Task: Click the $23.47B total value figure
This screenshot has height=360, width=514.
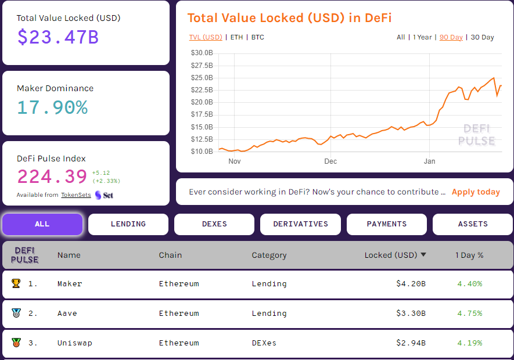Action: coord(57,37)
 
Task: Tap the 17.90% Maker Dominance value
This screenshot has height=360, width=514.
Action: coord(52,107)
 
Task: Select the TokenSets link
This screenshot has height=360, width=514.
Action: coord(76,195)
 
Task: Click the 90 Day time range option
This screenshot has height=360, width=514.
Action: coord(451,37)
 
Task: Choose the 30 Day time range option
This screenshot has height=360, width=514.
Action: coord(482,37)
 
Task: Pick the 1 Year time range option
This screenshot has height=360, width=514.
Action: coord(422,37)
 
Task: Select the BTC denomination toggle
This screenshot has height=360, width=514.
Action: coord(258,37)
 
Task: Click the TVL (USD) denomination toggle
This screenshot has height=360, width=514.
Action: coord(206,37)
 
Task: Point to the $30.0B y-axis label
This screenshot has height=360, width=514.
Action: coord(202,53)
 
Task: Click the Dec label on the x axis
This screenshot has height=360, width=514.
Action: coord(330,161)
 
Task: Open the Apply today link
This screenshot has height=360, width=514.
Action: coord(476,192)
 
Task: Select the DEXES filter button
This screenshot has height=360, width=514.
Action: coord(214,224)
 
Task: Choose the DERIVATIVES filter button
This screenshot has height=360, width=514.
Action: coord(300,224)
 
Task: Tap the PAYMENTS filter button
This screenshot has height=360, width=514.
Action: coord(387,224)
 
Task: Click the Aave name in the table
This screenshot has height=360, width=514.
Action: coord(67,314)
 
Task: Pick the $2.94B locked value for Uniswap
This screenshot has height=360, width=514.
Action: coord(411,343)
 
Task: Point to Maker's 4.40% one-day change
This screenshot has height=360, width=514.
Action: coord(469,284)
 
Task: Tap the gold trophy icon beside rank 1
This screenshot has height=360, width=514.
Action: coord(16,284)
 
